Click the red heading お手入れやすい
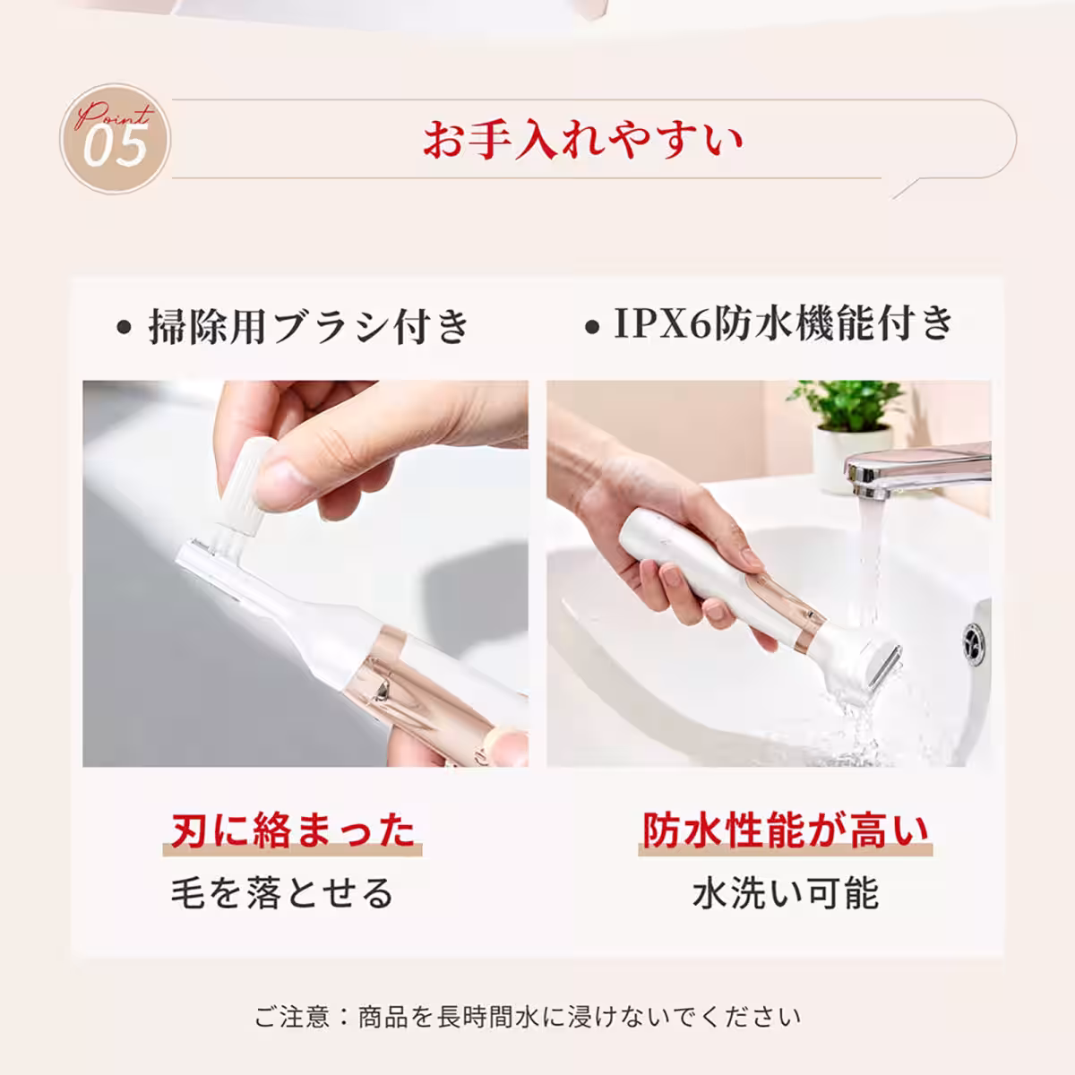click(x=583, y=141)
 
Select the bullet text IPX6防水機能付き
click(x=783, y=324)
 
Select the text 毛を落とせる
click(x=282, y=893)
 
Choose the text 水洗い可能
click(x=785, y=893)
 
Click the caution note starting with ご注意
click(x=528, y=1017)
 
